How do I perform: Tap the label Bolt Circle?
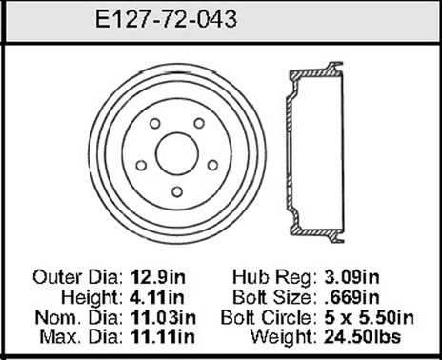(x=269, y=316)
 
